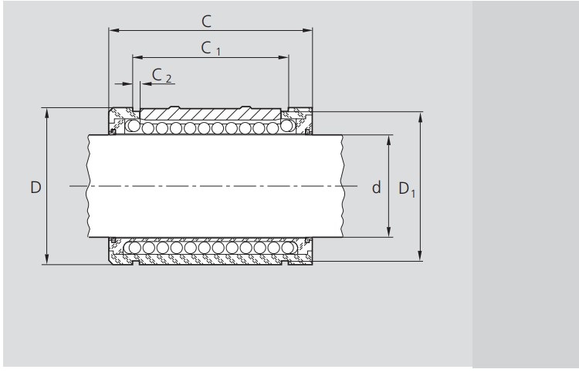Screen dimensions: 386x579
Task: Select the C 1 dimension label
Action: [211, 47]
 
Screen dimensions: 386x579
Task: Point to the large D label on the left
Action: [36, 187]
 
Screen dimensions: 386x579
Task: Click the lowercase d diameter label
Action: [376, 187]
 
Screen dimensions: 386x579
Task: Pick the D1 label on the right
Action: [407, 188]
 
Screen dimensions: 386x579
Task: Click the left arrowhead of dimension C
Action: [113, 31]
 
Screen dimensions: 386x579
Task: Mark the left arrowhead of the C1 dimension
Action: [137, 57]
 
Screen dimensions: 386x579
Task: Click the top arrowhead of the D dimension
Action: [48, 113]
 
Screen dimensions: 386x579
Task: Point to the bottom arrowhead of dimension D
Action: [48, 260]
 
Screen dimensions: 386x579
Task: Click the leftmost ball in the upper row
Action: [134, 127]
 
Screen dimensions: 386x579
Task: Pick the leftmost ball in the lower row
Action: [134, 247]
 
